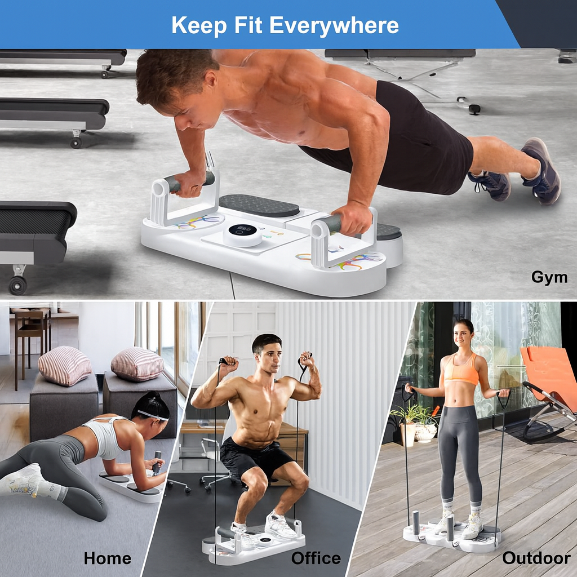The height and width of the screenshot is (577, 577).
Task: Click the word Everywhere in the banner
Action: point(334,25)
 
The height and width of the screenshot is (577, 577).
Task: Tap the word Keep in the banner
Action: point(199,25)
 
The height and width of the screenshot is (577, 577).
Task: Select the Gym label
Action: point(549,277)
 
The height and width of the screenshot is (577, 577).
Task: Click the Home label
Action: point(108,558)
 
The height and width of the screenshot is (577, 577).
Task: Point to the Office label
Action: point(316,558)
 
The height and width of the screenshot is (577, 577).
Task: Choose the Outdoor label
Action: point(536,558)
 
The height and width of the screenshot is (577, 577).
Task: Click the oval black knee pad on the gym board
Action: point(259,205)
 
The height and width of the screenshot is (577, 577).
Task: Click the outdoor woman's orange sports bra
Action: point(461,370)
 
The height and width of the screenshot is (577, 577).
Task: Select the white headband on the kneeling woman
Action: point(153,415)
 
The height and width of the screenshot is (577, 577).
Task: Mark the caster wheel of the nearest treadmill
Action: point(17,284)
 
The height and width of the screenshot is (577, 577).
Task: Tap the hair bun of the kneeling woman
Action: point(154,397)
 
